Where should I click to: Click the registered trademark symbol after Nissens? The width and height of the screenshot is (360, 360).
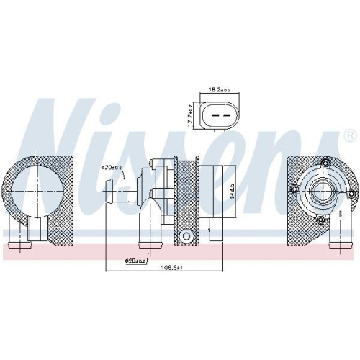pyautogui.click(x=349, y=135)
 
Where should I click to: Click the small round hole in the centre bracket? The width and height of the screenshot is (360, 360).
pyautogui.click(x=187, y=235)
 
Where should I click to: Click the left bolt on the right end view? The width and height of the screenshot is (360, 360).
pyautogui.click(x=296, y=189)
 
